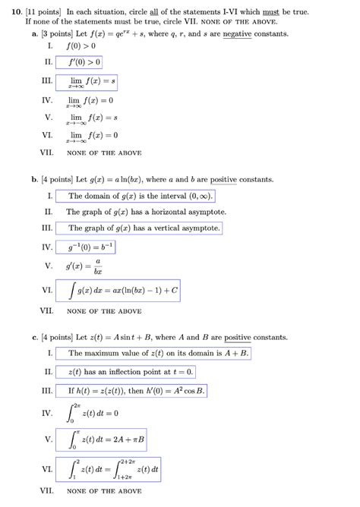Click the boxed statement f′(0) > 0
84,62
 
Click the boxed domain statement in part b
141,196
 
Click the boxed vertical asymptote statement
144,228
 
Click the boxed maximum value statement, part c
158,353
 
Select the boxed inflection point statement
130,372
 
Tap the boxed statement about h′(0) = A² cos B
136,391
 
